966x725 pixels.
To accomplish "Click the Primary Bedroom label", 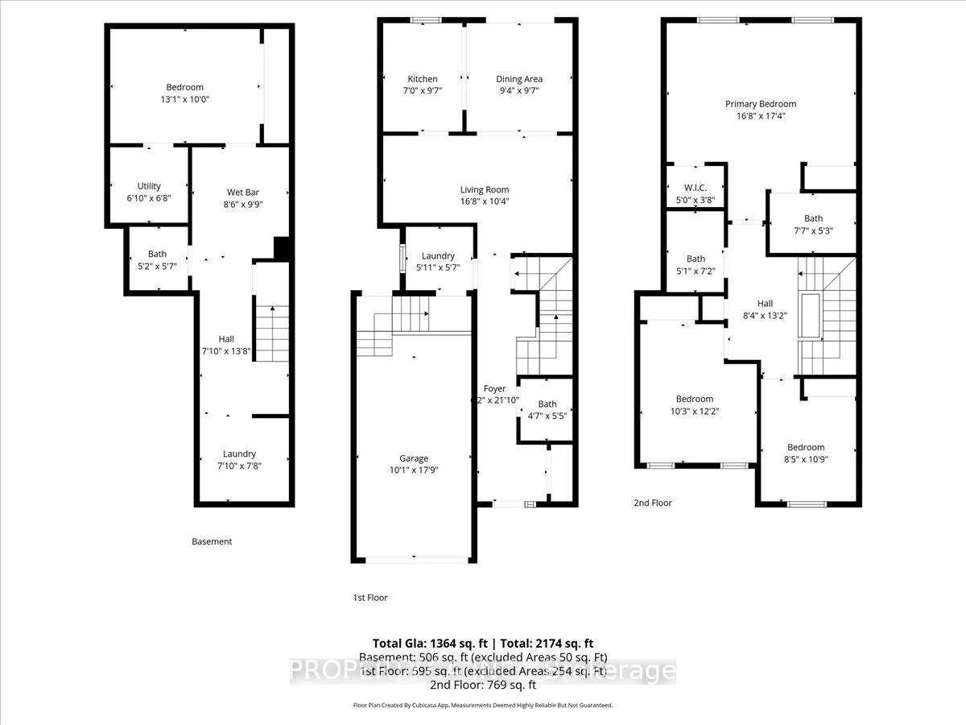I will pos(760,104).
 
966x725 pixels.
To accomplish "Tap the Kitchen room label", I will pos(423,79).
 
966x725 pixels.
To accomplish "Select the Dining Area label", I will pos(519,79).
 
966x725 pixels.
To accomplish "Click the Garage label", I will pos(415,458).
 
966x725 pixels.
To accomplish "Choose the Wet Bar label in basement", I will pos(242,193).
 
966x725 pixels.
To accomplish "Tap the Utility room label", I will pos(149,186).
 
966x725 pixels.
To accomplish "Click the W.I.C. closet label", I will pos(695,188).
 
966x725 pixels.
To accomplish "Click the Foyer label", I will pos(494,389).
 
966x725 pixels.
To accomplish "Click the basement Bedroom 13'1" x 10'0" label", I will pos(184,87).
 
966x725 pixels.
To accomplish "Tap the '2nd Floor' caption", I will pos(652,503).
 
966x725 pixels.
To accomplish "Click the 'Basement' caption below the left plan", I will pos(212,541).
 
